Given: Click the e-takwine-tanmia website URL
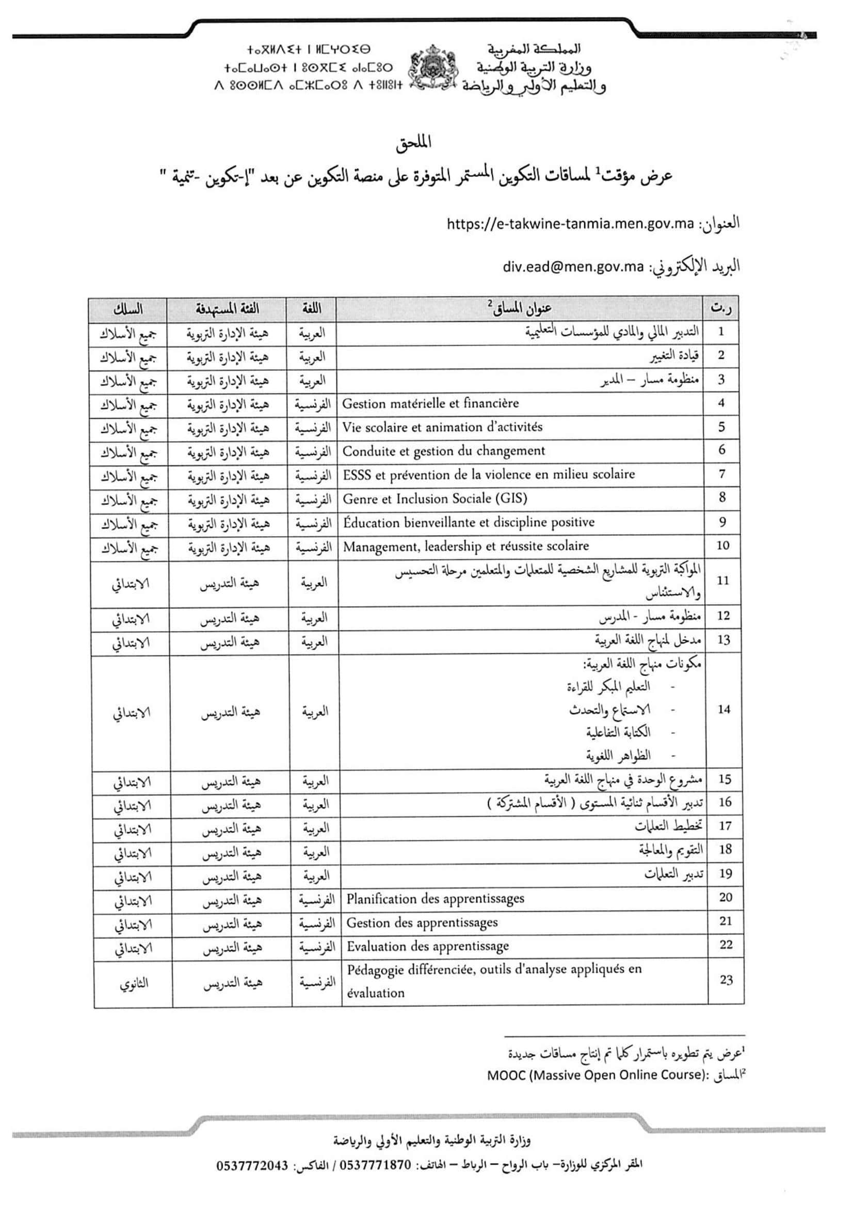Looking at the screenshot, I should (570, 224).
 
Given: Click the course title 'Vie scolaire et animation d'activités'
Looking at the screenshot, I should (442, 427).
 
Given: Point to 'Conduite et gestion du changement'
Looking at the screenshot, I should (444, 451).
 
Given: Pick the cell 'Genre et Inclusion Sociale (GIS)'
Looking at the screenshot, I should (434, 498).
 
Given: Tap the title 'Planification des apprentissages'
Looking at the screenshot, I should (435, 898).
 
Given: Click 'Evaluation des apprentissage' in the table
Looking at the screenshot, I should (427, 946).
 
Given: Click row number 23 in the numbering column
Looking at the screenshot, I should (726, 980).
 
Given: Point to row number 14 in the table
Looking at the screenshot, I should (723, 709).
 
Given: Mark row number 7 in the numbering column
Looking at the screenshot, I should (721, 474).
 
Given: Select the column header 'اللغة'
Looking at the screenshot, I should (312, 309).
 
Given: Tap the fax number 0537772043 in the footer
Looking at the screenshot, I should (252, 1166).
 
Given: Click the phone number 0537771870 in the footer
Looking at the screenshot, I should (376, 1166).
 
